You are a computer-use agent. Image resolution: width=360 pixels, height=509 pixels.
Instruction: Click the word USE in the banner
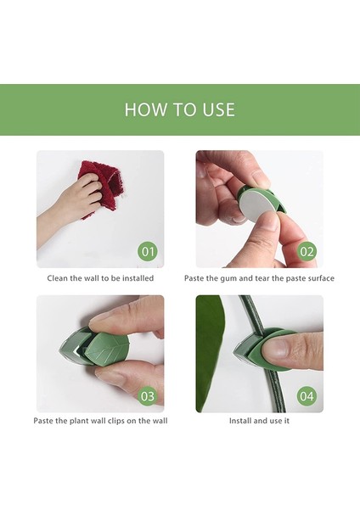(219, 109)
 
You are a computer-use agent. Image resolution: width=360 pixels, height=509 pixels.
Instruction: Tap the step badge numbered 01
(148, 252)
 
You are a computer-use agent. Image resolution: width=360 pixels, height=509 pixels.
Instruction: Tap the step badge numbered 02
(307, 252)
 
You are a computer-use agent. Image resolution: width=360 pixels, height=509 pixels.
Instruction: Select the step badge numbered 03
(148, 396)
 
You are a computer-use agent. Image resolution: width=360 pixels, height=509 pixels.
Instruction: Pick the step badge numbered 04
(307, 396)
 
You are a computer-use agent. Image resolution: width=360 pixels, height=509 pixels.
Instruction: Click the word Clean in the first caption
(58, 278)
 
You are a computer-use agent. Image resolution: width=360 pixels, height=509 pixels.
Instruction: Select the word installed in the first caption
(138, 278)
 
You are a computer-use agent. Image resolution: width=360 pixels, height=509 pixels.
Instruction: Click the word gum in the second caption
(229, 279)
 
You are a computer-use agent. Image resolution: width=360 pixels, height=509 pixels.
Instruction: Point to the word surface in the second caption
(321, 278)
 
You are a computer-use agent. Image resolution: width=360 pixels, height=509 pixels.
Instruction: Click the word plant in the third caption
(78, 421)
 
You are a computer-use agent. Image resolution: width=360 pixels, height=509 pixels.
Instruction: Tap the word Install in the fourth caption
(239, 421)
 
